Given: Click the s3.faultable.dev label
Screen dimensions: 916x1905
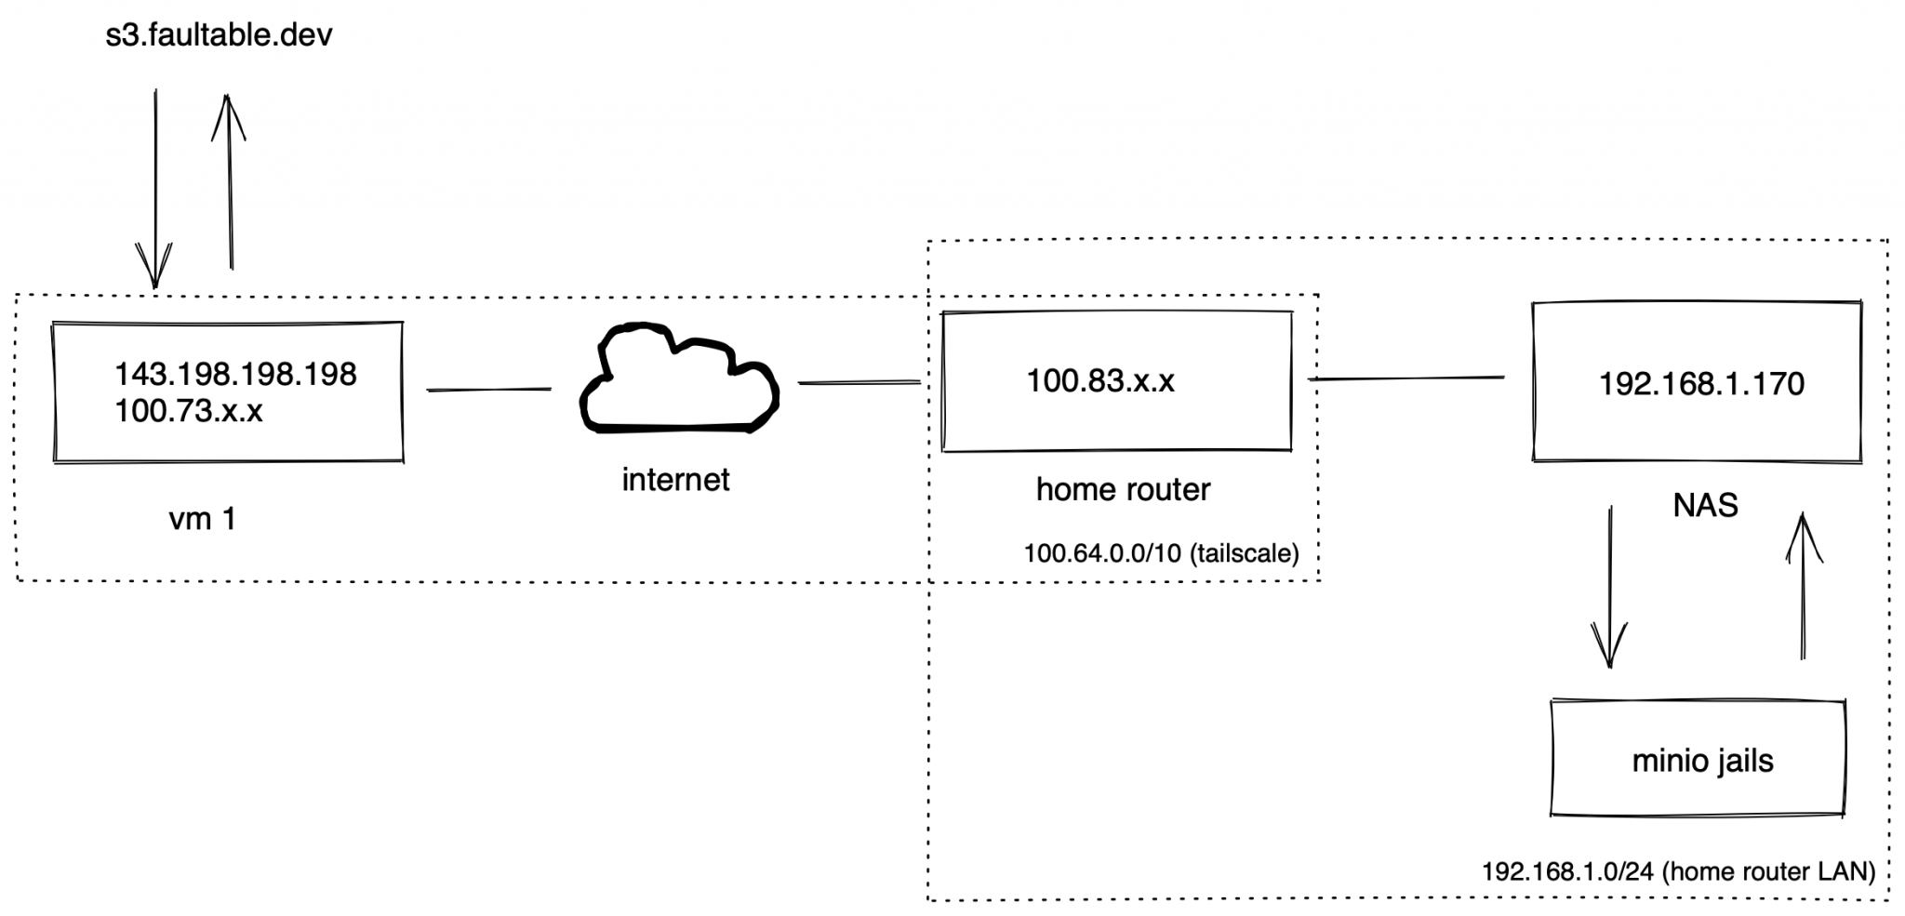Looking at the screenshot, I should (x=219, y=36).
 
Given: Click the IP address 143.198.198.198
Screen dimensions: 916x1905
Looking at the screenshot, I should (x=235, y=375).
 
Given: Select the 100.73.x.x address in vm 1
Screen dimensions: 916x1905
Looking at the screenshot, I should (x=189, y=410).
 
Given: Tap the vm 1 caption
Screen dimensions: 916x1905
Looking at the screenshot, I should (x=202, y=518).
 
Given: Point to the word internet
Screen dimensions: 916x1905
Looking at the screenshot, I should (x=675, y=480).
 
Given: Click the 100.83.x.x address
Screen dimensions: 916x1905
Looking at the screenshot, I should (x=1100, y=380).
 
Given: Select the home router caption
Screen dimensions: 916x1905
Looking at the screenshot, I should (x=1123, y=489).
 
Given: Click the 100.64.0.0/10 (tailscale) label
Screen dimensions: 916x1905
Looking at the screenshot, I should (x=1161, y=553).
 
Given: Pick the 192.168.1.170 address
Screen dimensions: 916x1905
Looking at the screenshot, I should (x=1701, y=384).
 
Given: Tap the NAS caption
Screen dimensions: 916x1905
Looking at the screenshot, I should (x=1705, y=505).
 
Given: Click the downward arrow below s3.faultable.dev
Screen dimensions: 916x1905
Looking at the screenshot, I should (x=155, y=186).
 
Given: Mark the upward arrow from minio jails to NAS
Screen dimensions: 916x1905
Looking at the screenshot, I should (x=1803, y=586).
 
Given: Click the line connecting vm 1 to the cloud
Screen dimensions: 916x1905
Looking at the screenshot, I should (x=488, y=390).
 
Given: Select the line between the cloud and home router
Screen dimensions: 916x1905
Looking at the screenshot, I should (x=859, y=382).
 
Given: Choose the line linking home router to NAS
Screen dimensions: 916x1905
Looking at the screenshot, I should (x=1405, y=378).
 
